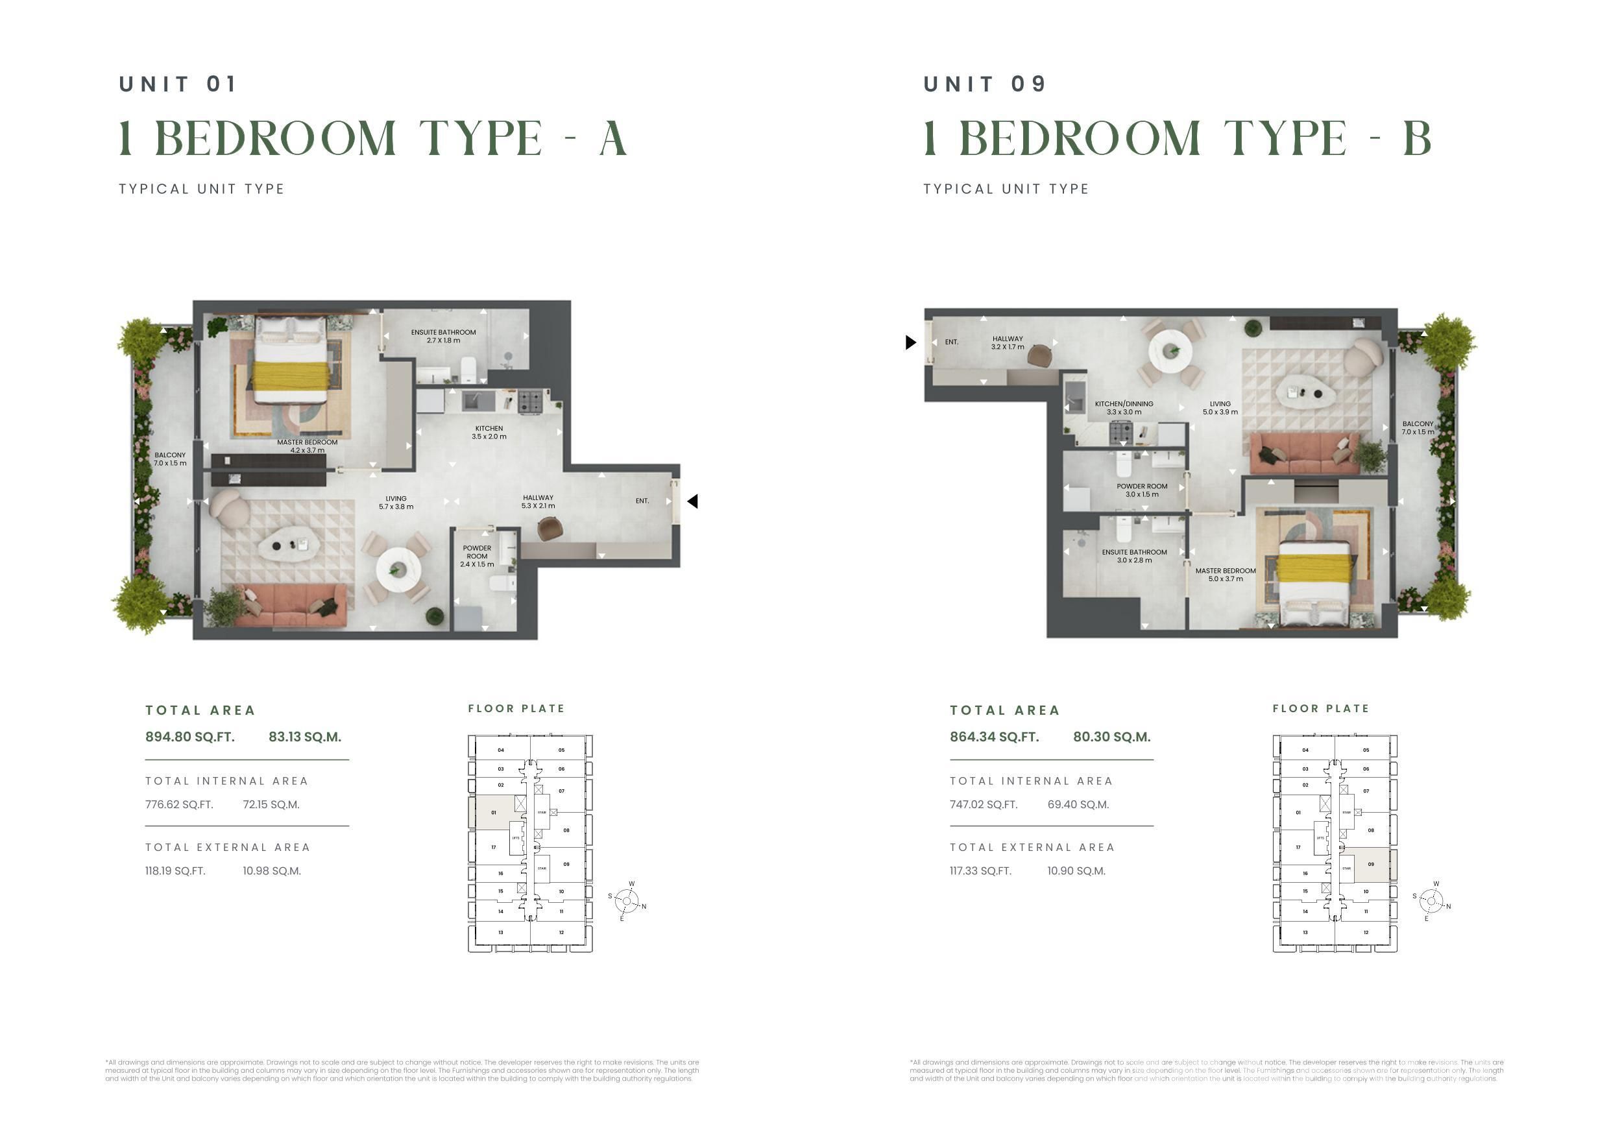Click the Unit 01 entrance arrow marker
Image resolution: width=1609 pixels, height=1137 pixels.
[692, 501]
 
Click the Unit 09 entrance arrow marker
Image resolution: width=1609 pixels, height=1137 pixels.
[910, 342]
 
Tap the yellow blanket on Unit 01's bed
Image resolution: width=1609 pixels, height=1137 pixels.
[290, 376]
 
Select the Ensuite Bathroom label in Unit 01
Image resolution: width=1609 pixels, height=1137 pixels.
[443, 336]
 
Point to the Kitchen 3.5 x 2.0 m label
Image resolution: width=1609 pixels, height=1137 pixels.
[489, 432]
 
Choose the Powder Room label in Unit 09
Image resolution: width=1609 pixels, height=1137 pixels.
[1142, 490]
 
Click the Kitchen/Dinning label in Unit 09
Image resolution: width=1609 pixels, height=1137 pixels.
[1123, 408]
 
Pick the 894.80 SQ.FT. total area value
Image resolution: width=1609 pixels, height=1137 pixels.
[190, 737]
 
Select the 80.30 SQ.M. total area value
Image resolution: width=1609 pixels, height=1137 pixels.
[1111, 737]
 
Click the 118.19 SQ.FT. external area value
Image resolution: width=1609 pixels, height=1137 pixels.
[175, 871]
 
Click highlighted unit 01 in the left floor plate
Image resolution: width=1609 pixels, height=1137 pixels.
[493, 813]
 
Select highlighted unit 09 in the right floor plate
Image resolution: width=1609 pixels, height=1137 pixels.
[1371, 865]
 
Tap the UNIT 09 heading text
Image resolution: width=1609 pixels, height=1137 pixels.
[984, 84]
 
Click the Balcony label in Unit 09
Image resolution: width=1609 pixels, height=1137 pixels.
[1417, 427]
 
